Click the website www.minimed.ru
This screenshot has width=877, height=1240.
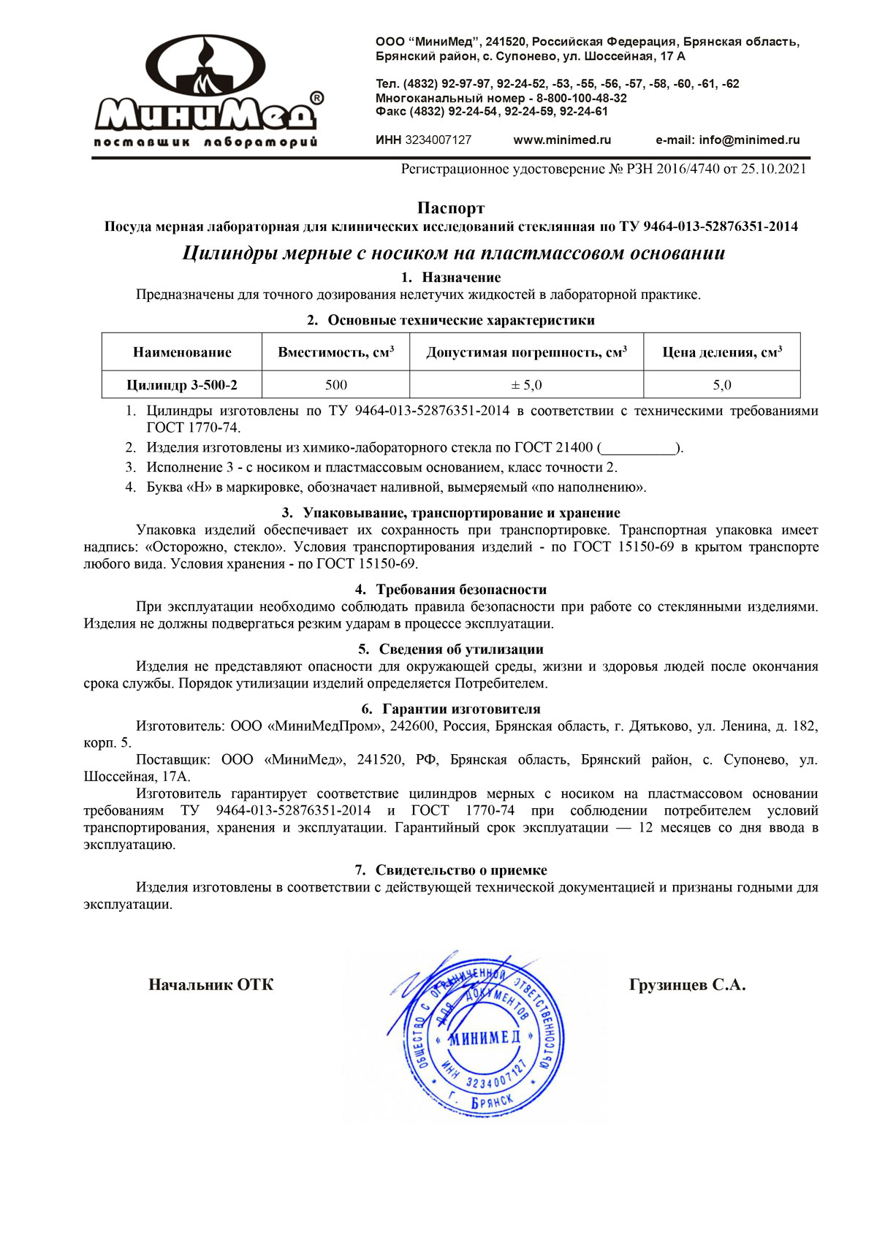click(x=562, y=140)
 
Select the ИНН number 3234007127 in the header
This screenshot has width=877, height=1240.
click(x=438, y=140)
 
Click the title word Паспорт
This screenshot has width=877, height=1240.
click(x=451, y=208)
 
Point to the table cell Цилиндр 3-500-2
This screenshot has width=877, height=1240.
click(x=182, y=385)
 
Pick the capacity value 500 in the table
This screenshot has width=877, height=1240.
click(x=336, y=385)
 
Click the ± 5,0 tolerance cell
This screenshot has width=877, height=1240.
click(x=526, y=385)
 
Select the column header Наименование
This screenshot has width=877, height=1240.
click(x=182, y=352)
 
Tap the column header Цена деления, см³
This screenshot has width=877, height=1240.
click(x=722, y=352)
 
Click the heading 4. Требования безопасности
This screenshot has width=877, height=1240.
click(x=451, y=589)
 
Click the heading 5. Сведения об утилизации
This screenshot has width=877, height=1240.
click(x=451, y=649)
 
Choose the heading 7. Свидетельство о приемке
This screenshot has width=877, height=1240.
click(x=451, y=870)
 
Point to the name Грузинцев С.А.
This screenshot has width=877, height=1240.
click(x=687, y=985)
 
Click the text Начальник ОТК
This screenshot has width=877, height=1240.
click(x=211, y=985)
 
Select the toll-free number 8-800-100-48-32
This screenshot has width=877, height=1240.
click(x=582, y=98)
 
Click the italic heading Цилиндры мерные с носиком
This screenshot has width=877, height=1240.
click(x=453, y=253)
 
